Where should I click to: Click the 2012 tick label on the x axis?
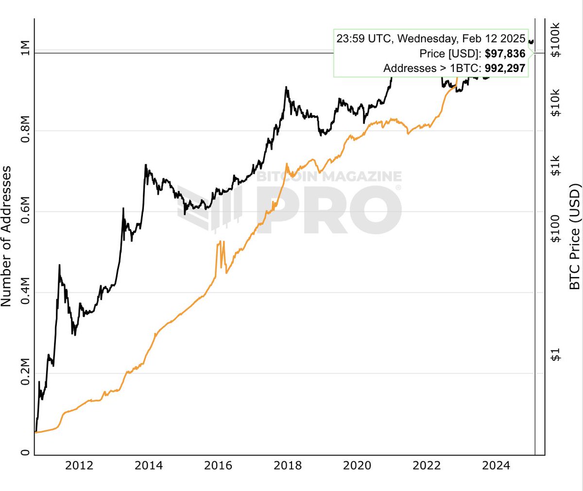(79, 465)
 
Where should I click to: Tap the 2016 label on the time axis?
(218, 465)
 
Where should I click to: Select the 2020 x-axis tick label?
(357, 465)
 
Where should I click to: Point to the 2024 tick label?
(496, 465)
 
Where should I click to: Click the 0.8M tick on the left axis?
(26, 131)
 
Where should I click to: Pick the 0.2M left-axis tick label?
(26, 373)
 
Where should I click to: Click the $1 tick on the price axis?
(556, 355)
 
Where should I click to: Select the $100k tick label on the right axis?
(556, 40)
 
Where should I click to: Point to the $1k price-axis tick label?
(556, 165)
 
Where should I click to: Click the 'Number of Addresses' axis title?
(6, 236)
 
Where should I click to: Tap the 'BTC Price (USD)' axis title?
(575, 236)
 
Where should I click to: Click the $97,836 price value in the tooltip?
(505, 53)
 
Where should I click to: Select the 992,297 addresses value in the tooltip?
(505, 68)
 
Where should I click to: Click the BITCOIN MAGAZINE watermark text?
(329, 176)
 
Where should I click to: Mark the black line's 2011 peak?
(59, 265)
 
